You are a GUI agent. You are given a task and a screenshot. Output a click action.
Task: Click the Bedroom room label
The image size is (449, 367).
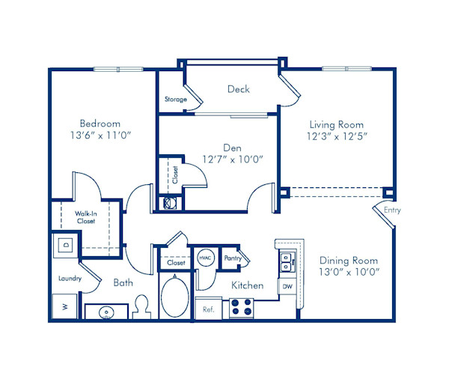click(100, 124)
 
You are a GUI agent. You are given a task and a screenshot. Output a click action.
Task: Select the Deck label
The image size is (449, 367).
click(238, 89)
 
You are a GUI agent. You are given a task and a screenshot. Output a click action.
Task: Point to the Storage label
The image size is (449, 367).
click(176, 100)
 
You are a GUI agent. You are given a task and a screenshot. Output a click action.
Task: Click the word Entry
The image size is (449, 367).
click(392, 210)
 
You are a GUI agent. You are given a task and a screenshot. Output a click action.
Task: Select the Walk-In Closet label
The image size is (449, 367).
click(85, 216)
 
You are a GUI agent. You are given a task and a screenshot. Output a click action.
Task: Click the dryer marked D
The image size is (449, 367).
click(65, 245)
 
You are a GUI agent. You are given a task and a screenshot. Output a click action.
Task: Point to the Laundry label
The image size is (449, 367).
click(70, 279)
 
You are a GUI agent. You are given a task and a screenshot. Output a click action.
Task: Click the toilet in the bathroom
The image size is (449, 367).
click(142, 307)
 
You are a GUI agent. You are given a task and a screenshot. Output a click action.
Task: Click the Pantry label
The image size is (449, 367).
click(233, 258)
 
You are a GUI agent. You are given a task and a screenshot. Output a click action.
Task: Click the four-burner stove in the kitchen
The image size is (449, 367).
click(241, 307)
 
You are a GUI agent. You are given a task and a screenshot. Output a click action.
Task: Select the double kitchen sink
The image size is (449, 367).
click(287, 261)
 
